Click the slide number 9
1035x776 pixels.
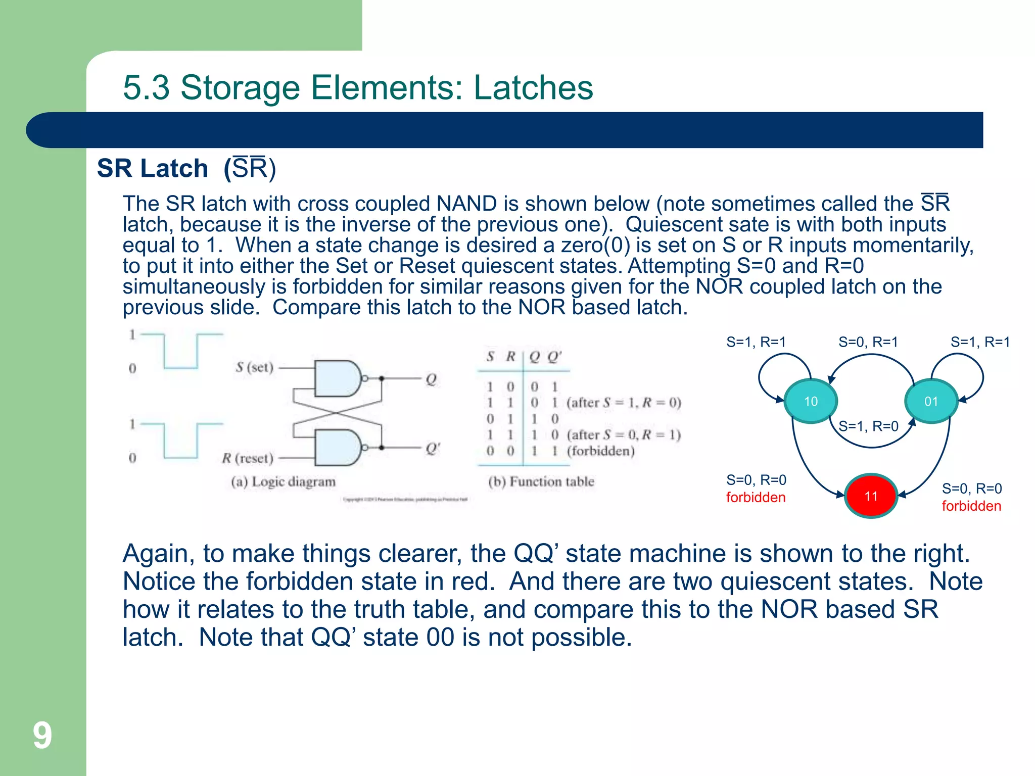(x=42, y=736)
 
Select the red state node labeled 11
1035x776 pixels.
(x=871, y=496)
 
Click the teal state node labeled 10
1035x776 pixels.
(x=811, y=402)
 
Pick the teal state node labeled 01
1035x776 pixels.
(x=931, y=402)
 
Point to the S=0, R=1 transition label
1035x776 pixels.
(x=868, y=342)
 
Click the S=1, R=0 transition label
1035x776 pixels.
(x=868, y=426)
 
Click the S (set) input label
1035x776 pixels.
(x=254, y=367)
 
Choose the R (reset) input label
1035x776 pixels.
(x=248, y=458)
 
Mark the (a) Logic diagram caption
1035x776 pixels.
(x=283, y=481)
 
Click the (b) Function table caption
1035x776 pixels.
(x=541, y=481)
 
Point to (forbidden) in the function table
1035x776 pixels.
(x=600, y=451)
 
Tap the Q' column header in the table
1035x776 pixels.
(x=554, y=357)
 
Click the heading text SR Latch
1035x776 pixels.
(x=152, y=168)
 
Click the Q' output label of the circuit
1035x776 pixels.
(x=433, y=448)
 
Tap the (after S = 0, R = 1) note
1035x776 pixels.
(x=624, y=434)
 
